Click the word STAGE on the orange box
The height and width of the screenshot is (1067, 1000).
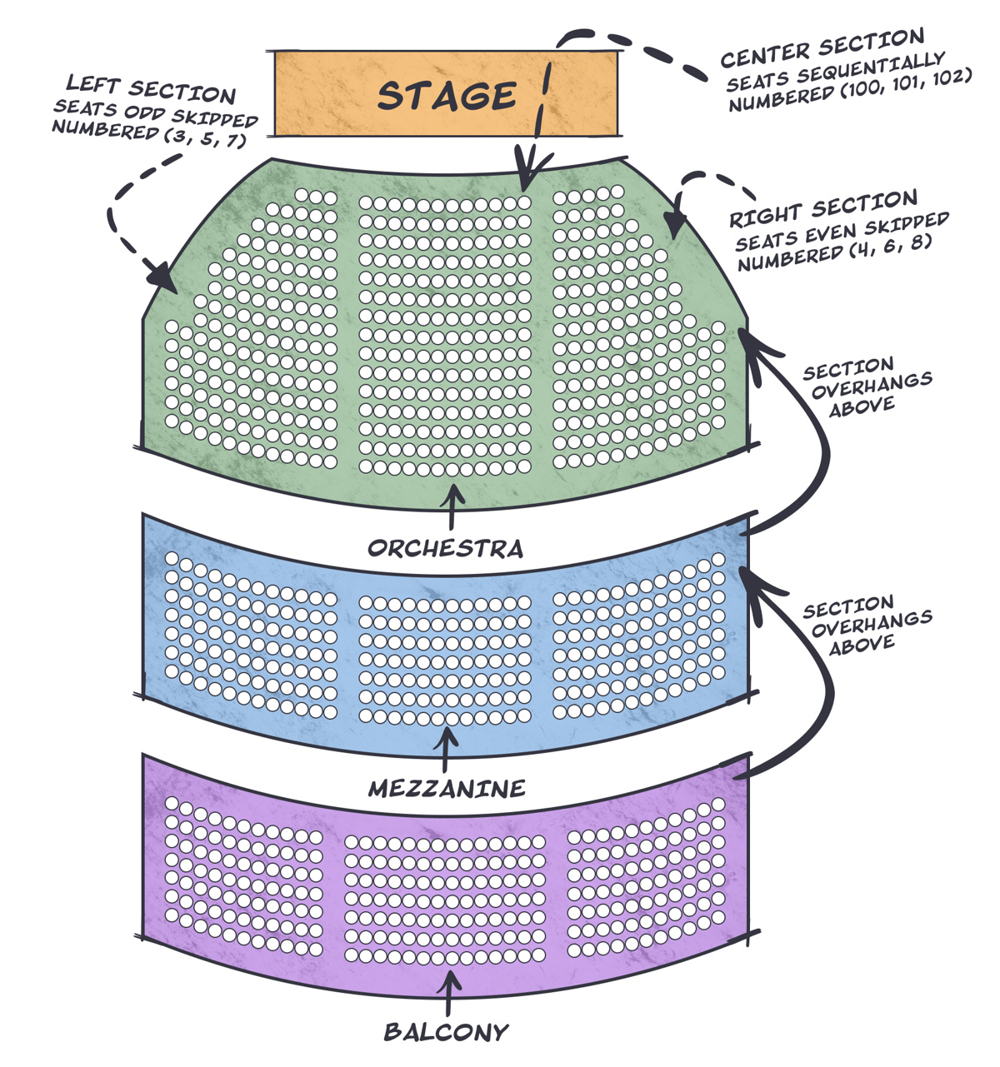pyautogui.click(x=447, y=96)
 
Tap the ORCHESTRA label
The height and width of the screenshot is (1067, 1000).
pyautogui.click(x=446, y=548)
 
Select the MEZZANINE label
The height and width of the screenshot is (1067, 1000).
pyautogui.click(x=447, y=788)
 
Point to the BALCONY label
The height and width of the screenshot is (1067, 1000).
pyautogui.click(x=446, y=1033)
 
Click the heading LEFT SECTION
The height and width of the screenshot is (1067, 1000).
pyautogui.click(x=151, y=88)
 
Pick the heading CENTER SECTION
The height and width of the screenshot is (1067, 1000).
pyautogui.click(x=822, y=47)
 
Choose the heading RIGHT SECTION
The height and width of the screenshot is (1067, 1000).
pyautogui.click(x=823, y=209)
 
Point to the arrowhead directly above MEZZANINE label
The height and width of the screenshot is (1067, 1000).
pyautogui.click(x=446, y=736)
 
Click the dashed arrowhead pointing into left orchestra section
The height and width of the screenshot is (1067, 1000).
pyautogui.click(x=162, y=277)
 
